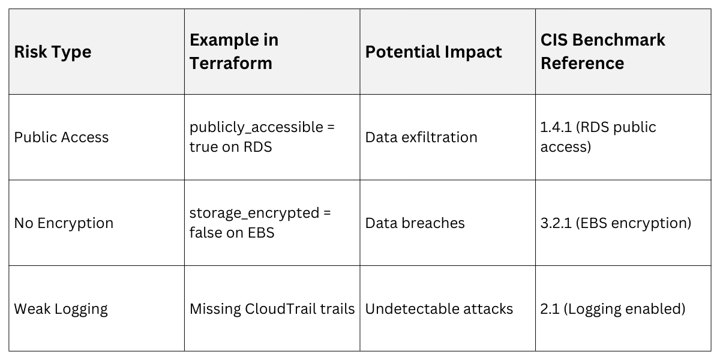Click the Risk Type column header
point(53,52)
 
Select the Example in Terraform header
point(234,52)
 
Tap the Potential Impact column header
point(433,52)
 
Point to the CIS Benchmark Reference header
point(602,52)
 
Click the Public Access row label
point(61,137)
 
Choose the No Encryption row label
point(64,223)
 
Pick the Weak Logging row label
point(61,309)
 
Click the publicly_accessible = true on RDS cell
point(262,137)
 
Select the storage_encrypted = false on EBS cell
point(260,223)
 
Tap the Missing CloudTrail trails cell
point(272,309)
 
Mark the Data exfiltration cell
point(421,137)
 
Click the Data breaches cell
point(415,223)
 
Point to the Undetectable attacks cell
point(439,309)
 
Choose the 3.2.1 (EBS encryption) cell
point(616,223)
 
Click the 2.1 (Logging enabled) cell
point(613,309)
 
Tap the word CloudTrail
point(285,309)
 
